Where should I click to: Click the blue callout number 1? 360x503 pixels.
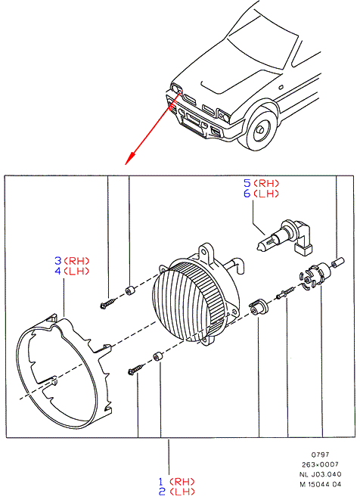point(161,482)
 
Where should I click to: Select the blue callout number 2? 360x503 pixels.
point(162,492)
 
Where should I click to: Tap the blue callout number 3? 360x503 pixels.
point(57,260)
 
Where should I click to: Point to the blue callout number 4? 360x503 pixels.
point(57,271)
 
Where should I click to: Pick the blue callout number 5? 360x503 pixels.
point(247,183)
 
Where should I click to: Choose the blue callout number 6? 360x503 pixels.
point(247,194)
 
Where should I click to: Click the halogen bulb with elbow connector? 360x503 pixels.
point(284,238)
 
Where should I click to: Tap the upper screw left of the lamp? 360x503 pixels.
point(108,303)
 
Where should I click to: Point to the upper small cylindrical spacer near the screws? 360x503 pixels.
point(129,290)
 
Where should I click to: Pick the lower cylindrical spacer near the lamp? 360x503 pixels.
point(157,356)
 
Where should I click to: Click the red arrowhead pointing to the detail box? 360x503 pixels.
point(129,159)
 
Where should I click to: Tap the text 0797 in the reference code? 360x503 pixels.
point(320,455)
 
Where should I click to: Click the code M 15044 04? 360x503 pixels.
point(321,484)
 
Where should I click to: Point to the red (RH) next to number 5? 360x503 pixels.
point(266,183)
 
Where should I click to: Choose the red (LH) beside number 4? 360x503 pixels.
point(76,271)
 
